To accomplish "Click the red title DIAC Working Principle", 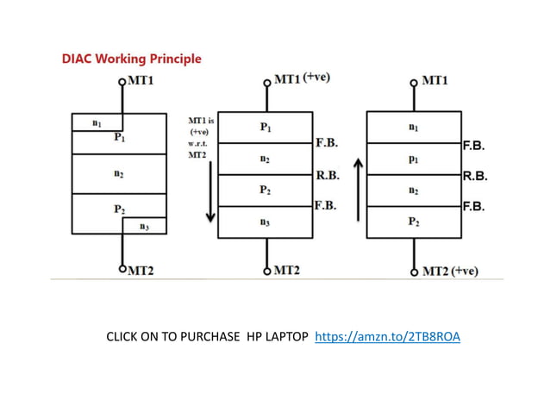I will [132, 59].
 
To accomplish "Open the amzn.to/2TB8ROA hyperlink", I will [388, 336].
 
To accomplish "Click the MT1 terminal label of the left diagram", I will [142, 80].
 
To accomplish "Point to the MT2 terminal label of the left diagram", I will [141, 271].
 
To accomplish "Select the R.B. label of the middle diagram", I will [328, 174].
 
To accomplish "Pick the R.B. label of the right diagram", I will [475, 176].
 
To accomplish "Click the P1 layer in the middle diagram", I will [264, 127].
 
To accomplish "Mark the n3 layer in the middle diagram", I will [264, 222].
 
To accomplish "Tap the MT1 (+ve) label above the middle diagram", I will [301, 78].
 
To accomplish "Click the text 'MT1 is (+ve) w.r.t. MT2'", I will [201, 137].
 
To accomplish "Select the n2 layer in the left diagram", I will [118, 173].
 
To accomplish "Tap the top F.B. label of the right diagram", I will [473, 146].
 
